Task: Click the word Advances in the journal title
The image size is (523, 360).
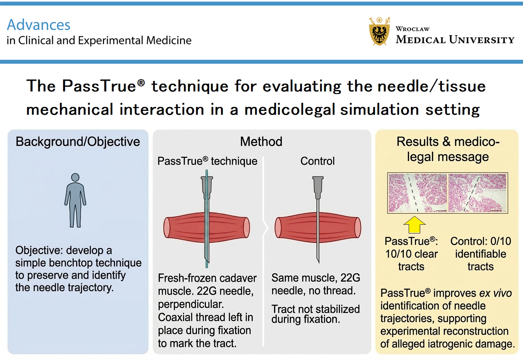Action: [x=39, y=25]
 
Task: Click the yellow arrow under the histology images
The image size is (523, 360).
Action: [x=414, y=225]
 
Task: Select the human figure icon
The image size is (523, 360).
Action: [x=75, y=201]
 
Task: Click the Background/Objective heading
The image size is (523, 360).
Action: [x=78, y=142]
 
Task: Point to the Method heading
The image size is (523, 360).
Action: [x=261, y=142]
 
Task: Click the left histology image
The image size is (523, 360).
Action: [x=417, y=193]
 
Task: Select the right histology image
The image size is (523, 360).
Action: [x=478, y=193]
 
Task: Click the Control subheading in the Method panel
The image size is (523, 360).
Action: [x=317, y=161]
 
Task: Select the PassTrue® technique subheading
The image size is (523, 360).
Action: [x=207, y=161]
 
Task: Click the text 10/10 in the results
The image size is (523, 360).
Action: [x=398, y=254]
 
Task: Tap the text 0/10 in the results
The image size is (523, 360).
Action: [x=500, y=242]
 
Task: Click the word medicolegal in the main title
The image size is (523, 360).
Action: [x=289, y=110]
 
